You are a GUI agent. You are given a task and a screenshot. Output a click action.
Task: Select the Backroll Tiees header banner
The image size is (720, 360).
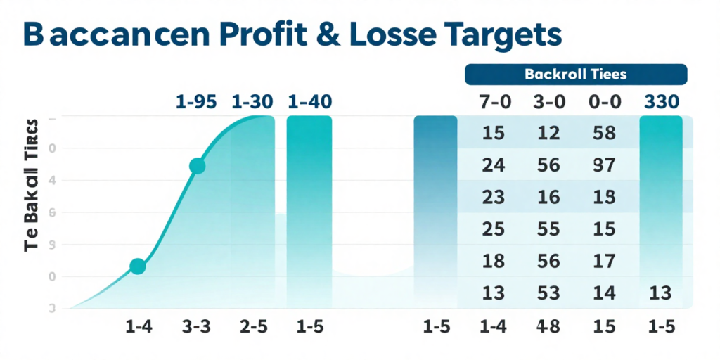(x=576, y=73)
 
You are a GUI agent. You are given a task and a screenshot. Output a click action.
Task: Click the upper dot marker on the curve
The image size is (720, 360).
(x=197, y=166)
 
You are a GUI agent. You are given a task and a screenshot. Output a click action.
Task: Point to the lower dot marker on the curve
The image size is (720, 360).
(x=138, y=266)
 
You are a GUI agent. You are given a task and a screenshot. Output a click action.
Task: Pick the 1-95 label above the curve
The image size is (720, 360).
(x=196, y=102)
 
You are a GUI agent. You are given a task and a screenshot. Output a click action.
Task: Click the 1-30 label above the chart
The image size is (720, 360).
(x=252, y=102)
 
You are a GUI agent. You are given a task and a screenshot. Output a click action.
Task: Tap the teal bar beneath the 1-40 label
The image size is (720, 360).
(x=309, y=211)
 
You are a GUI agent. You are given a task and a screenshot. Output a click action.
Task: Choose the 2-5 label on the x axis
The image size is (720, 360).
(x=252, y=327)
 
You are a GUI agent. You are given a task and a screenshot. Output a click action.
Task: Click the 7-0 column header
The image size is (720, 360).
(x=494, y=102)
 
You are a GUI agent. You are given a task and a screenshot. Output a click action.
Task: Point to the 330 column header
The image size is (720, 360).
(x=662, y=102)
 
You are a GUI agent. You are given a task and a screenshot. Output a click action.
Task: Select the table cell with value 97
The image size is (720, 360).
(x=603, y=165)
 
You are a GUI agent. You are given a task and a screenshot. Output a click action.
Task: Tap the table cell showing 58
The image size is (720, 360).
(x=603, y=133)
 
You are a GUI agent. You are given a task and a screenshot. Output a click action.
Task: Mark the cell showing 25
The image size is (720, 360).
(x=494, y=229)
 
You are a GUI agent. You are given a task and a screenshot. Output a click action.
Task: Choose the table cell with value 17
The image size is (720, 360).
(x=603, y=261)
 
